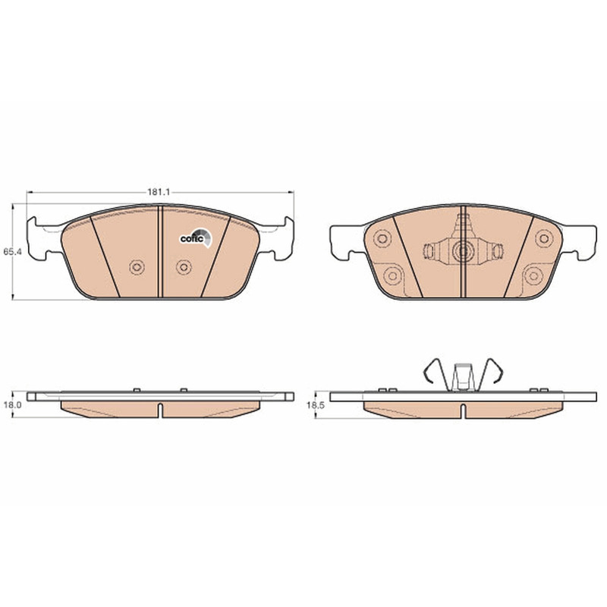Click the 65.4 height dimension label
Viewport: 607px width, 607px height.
click(x=12, y=252)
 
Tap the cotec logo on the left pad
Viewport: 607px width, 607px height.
click(x=197, y=237)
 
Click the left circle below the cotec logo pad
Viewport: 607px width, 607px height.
click(x=137, y=267)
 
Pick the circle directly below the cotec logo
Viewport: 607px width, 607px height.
click(x=184, y=267)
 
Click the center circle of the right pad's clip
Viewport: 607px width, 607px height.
click(x=463, y=252)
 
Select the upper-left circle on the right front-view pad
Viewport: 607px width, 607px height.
click(x=382, y=238)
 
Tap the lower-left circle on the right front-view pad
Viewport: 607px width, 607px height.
click(x=392, y=276)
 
